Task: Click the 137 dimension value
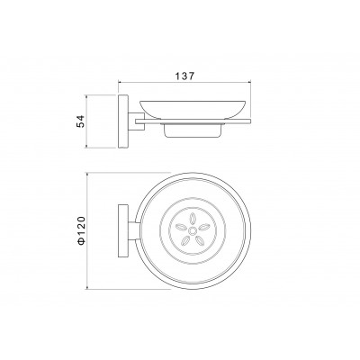tap(184, 76)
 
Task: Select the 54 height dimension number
tap(80, 121)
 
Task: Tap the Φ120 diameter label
tap(81, 230)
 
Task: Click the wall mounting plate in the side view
tap(123, 121)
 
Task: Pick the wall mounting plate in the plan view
tap(123, 230)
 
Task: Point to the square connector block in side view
tap(137, 121)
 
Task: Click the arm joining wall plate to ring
tap(134, 230)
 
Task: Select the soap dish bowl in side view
tap(193, 110)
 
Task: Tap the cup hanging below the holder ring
tap(193, 130)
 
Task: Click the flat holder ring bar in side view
tap(193, 121)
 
